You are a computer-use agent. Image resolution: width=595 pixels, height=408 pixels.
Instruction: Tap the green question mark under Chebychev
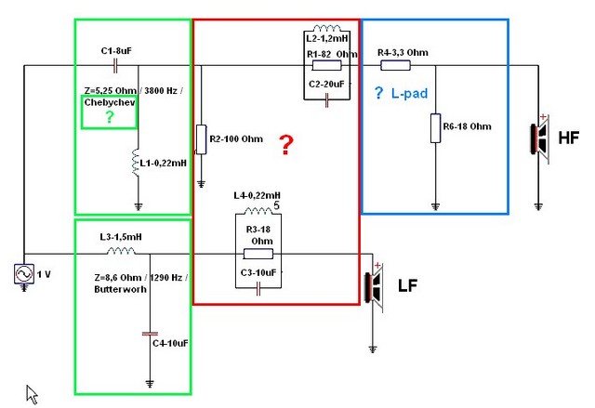tap(110, 117)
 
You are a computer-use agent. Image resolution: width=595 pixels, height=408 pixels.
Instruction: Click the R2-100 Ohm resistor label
tap(236, 139)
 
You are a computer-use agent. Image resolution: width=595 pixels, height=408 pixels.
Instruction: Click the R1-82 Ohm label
tap(332, 55)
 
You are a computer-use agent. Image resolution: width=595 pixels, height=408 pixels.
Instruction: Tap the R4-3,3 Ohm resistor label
tap(403, 53)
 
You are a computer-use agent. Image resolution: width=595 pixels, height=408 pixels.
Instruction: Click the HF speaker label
tap(569, 138)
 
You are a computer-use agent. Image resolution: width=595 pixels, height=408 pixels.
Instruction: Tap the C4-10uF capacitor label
tap(170, 343)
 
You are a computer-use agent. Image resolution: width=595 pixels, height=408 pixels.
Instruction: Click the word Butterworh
tap(115, 290)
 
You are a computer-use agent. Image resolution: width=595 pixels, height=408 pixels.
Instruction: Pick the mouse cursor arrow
tap(32, 393)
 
